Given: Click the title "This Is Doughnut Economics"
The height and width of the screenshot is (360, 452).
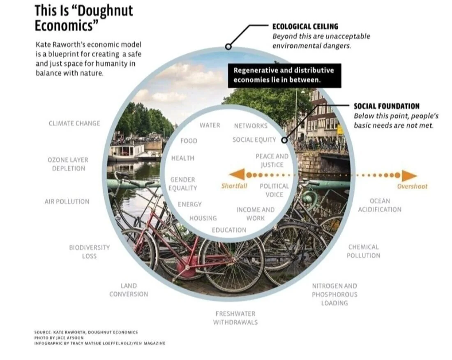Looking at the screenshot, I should (83, 17).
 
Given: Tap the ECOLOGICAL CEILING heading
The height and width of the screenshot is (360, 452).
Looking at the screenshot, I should (305, 26).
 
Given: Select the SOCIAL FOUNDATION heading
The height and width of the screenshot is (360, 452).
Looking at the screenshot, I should (387, 106).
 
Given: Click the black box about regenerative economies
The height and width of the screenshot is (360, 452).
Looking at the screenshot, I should (284, 75).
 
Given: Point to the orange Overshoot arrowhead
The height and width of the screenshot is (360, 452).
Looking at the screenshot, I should (408, 175).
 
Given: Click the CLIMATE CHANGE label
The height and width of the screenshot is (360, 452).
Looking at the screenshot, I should (74, 123).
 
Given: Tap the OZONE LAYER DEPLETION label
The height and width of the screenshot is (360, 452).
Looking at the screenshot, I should (68, 164).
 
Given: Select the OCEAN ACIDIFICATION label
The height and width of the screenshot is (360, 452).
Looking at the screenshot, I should (379, 205).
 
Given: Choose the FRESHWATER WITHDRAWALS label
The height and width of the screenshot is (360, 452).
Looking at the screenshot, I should (235, 318).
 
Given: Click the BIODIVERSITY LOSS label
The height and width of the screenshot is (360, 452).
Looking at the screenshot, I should (89, 252).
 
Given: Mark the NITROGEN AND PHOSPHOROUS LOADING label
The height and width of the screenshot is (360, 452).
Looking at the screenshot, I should (334, 294).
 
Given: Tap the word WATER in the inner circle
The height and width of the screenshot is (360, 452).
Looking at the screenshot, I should (210, 125).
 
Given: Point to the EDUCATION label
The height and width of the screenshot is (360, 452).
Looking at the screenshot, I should (229, 230).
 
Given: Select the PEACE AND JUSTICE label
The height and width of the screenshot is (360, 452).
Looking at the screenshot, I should (272, 160).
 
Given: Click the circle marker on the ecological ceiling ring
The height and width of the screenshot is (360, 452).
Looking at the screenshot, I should (228, 46).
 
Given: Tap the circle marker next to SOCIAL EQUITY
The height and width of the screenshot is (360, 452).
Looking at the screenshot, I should (284, 140).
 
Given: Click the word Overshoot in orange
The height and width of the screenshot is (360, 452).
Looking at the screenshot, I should (412, 186).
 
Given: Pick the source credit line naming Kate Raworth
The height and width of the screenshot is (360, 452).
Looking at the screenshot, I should (86, 332).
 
